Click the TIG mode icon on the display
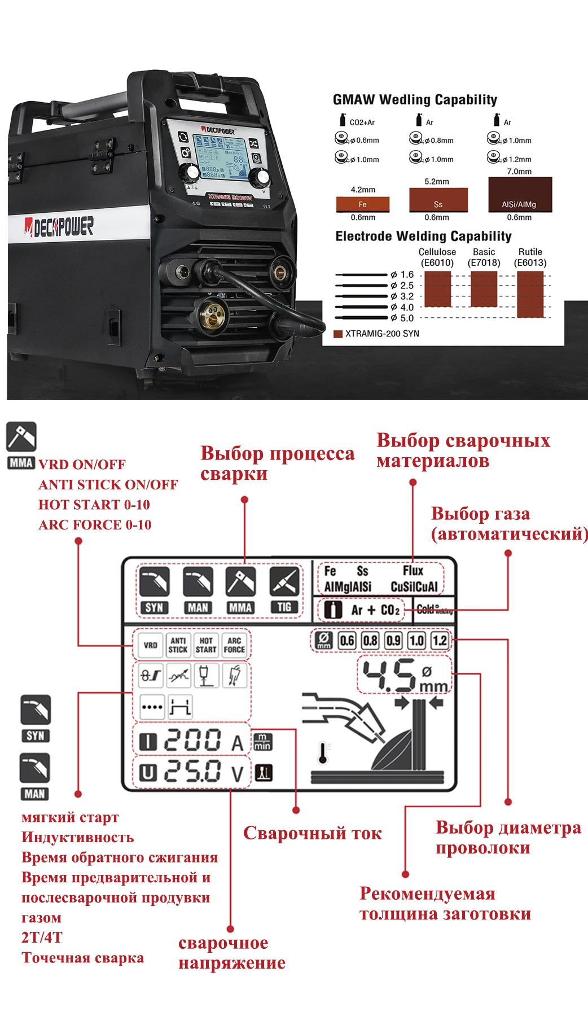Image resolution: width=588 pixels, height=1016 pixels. [x=284, y=582]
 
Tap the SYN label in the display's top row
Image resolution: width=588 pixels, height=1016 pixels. [x=154, y=607]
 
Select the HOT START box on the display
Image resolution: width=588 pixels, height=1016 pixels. [x=206, y=645]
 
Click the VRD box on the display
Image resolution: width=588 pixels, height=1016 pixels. [x=150, y=645]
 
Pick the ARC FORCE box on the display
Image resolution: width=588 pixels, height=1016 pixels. [x=234, y=645]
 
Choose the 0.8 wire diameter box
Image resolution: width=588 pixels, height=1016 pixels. [x=370, y=641]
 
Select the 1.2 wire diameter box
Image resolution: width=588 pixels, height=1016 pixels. [x=440, y=641]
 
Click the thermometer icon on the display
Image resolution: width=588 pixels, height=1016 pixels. [x=323, y=753]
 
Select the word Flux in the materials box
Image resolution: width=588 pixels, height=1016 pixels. [x=413, y=571]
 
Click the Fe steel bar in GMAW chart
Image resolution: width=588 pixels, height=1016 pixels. [x=363, y=204]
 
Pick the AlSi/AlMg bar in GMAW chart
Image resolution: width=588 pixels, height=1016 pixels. [x=519, y=195]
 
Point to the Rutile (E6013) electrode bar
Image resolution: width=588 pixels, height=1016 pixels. [x=530, y=294]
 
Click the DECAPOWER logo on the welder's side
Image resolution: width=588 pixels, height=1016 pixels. [x=59, y=227]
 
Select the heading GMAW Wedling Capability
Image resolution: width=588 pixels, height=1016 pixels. [x=415, y=100]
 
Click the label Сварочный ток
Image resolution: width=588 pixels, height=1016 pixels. [x=312, y=833]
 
